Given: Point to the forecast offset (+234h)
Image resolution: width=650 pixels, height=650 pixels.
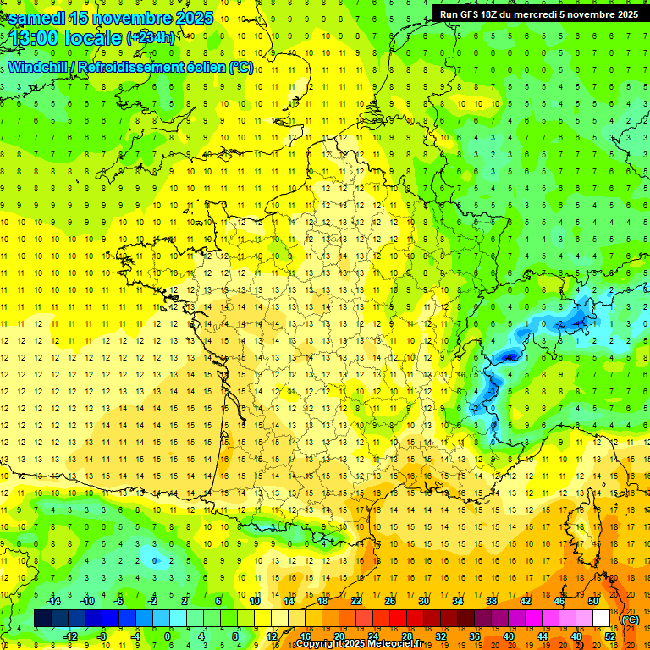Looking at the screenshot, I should tap(151, 38).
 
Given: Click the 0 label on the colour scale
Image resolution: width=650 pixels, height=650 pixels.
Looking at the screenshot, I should tap(167, 636).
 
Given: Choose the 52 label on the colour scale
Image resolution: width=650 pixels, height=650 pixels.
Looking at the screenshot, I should tap(609, 636).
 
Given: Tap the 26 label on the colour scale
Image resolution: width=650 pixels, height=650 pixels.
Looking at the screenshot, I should tap(390, 601).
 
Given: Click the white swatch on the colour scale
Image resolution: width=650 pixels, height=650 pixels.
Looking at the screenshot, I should tap(602, 618).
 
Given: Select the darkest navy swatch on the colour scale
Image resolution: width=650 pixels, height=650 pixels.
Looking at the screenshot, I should tap(43, 618).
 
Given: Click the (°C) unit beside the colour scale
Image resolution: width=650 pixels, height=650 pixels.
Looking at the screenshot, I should tap(630, 619).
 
